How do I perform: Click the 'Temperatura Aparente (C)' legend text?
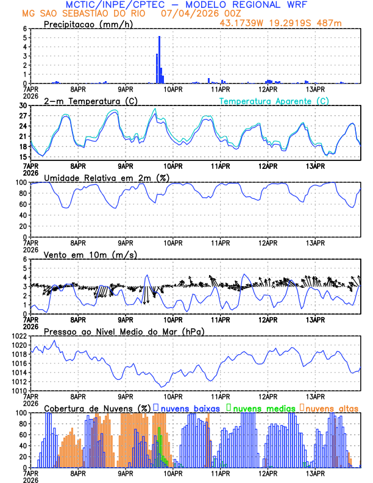tap(274, 101)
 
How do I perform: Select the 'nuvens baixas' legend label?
tap(188, 407)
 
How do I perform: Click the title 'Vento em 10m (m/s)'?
tap(90, 254)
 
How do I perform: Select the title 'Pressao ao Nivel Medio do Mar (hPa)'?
tap(124, 331)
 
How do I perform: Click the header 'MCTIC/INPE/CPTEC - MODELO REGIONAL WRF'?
tap(187, 4)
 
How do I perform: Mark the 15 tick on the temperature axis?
tap(23, 157)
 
